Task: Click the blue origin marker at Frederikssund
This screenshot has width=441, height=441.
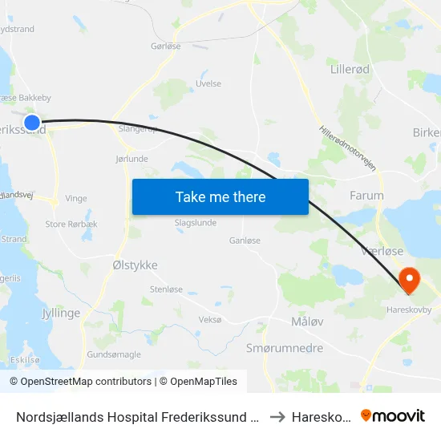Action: (32, 123)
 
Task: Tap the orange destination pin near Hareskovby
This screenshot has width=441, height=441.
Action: (410, 280)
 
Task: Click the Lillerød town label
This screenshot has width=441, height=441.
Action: (350, 70)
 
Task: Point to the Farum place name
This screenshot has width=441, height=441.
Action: (366, 195)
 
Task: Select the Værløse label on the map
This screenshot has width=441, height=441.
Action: (382, 251)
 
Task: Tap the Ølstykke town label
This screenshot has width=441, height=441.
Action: (135, 265)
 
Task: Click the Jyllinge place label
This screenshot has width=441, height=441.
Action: (61, 313)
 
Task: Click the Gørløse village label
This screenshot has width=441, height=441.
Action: (166, 47)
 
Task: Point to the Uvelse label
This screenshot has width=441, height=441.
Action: (208, 83)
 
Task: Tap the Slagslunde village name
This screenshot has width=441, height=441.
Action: (196, 223)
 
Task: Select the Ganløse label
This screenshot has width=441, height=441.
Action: (245, 240)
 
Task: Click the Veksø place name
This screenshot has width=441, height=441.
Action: (209, 319)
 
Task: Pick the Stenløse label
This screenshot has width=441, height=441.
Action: (166, 289)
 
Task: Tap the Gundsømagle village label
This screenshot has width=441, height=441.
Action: (114, 354)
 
